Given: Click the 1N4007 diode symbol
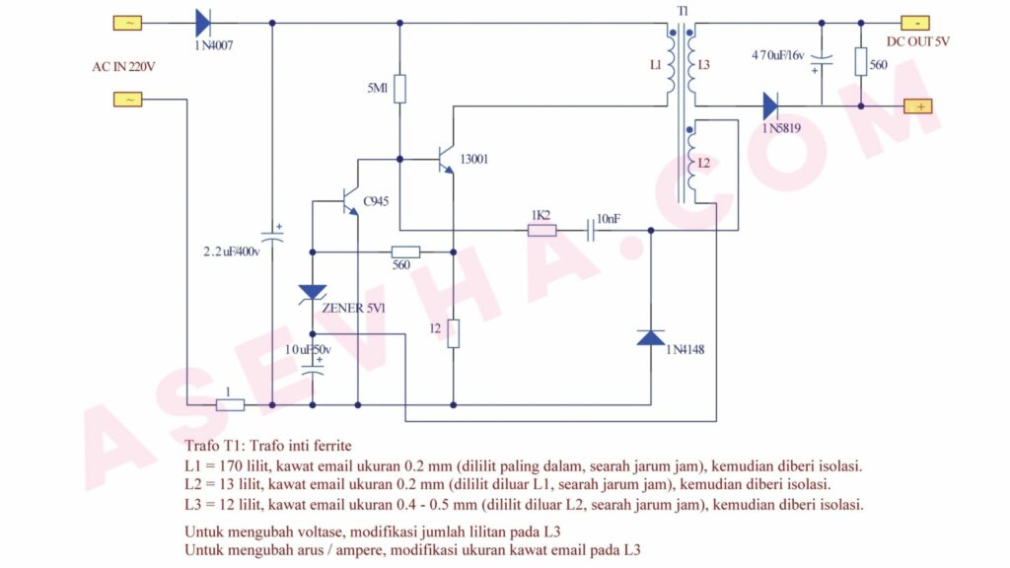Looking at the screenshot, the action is pyautogui.click(x=203, y=24).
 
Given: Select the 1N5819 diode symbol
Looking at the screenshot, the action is pyautogui.click(x=770, y=106).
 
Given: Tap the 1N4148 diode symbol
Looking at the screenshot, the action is pyautogui.click(x=651, y=338).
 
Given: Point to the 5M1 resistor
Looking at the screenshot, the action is pyautogui.click(x=399, y=89).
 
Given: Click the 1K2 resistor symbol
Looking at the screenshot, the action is pyautogui.click(x=542, y=230).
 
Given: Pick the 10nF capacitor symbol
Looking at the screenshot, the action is pyautogui.click(x=591, y=230).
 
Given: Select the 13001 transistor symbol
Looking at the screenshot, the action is pyautogui.click(x=446, y=159).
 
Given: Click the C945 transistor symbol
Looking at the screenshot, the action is pyautogui.click(x=350, y=201).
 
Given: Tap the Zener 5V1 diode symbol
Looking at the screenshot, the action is pyautogui.click(x=313, y=294).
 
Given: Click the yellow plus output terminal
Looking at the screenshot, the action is pyautogui.click(x=918, y=106).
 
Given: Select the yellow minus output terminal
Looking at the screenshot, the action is pyautogui.click(x=915, y=24).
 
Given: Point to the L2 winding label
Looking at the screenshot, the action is pyautogui.click(x=704, y=163).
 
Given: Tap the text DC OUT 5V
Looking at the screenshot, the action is pyautogui.click(x=918, y=41).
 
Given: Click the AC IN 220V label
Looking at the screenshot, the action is pyautogui.click(x=123, y=67).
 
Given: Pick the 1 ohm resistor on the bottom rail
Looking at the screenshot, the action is pyautogui.click(x=230, y=405).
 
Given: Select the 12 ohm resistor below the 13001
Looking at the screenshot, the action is pyautogui.click(x=454, y=333).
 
